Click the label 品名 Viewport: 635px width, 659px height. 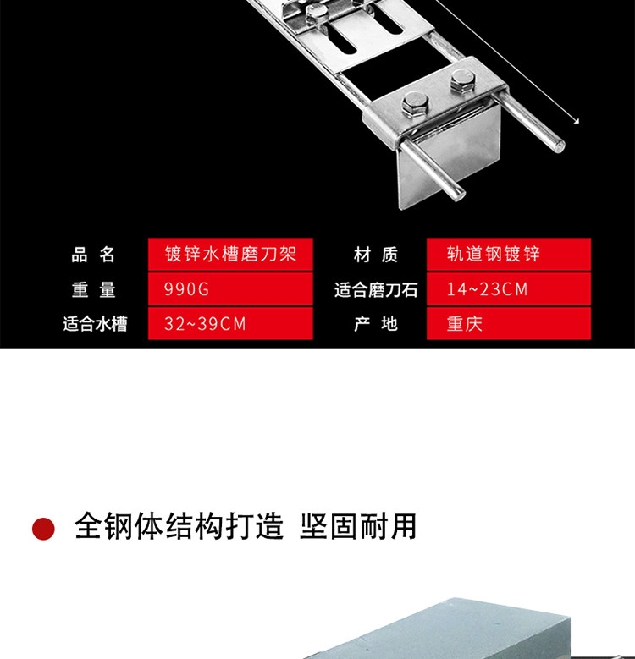tap(93, 255)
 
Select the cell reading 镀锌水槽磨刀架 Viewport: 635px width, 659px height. tap(230, 255)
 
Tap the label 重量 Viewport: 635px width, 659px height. tap(93, 289)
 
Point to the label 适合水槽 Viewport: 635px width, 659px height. tap(94, 324)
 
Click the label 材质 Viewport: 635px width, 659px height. tap(375, 255)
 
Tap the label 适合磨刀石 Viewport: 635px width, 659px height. tap(376, 289)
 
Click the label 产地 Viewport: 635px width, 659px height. tap(375, 324)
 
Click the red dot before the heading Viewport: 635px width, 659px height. tap(43, 529)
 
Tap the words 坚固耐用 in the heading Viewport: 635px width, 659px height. tap(358, 526)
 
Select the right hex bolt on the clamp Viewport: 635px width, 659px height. tap(461, 82)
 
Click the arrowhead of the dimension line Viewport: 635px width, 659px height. tap(576, 122)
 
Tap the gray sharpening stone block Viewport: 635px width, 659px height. tap(440, 630)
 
